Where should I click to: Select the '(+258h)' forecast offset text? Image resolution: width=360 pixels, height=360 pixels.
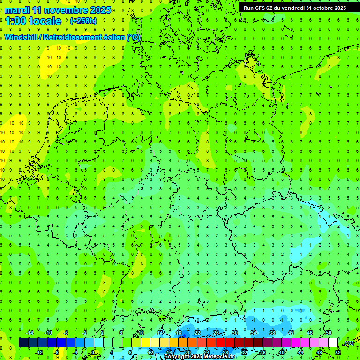(x=83, y=21)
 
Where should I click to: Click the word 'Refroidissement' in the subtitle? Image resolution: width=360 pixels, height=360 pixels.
(x=72, y=37)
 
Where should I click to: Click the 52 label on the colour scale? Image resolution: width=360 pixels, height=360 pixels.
(x=338, y=352)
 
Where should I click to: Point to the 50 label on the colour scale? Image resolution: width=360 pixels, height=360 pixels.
(x=329, y=333)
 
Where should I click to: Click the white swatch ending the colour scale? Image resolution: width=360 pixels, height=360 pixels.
(x=333, y=343)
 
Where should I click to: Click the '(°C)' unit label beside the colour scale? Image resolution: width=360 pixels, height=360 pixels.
(x=349, y=343)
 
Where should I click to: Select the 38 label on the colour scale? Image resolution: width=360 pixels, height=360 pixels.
(x=272, y=333)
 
